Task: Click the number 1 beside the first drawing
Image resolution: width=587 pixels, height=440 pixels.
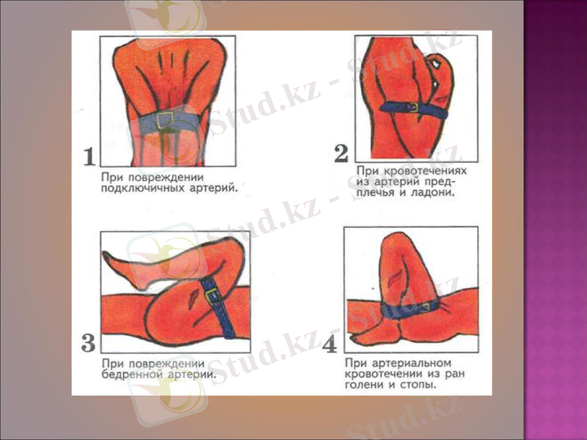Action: pyautogui.click(x=89, y=155)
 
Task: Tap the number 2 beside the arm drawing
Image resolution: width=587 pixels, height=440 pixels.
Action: pyautogui.click(x=340, y=153)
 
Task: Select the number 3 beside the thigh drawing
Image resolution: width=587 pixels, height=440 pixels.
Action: pyautogui.click(x=88, y=342)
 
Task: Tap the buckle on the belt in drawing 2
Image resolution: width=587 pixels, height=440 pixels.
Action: pyautogui.click(x=413, y=107)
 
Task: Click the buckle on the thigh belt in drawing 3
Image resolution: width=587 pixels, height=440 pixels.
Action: pyautogui.click(x=214, y=296)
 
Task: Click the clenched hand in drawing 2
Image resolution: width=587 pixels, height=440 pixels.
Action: pyautogui.click(x=440, y=70)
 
